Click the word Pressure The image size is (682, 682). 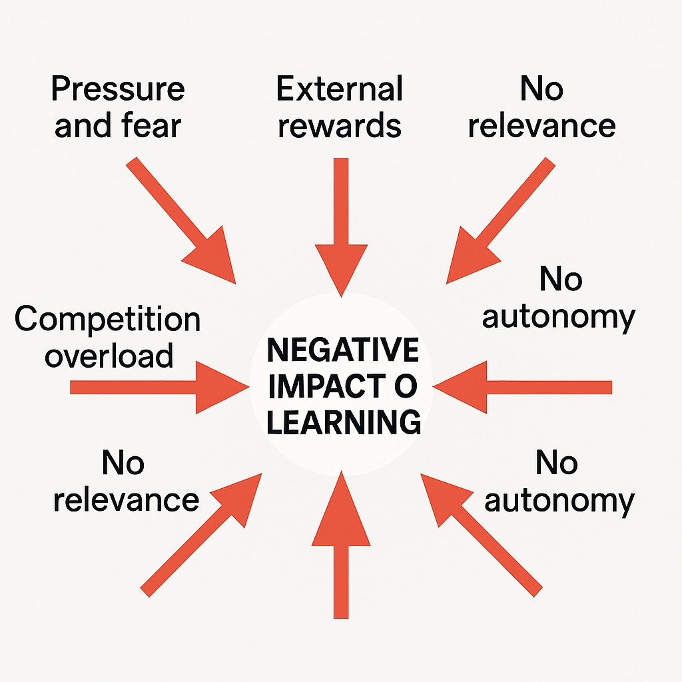point(118,89)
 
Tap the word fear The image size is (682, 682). point(151,125)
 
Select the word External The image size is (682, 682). point(339,89)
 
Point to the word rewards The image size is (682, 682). point(339,126)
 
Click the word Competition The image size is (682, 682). point(107,320)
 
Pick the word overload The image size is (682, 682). point(109,356)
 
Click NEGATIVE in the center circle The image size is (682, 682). point(343,350)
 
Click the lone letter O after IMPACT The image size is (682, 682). point(406,386)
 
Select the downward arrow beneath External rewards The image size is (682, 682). point(342,228)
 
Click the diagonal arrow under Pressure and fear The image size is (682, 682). point(181,221)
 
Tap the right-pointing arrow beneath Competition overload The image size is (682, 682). point(160,387)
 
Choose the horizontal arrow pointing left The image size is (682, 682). point(522,387)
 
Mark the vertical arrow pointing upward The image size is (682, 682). point(341,544)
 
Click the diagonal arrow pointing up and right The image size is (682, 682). point(201,535)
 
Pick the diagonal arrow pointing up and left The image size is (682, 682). point(482,535)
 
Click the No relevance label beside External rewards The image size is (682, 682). point(542,107)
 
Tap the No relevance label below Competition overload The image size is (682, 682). point(126,481)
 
